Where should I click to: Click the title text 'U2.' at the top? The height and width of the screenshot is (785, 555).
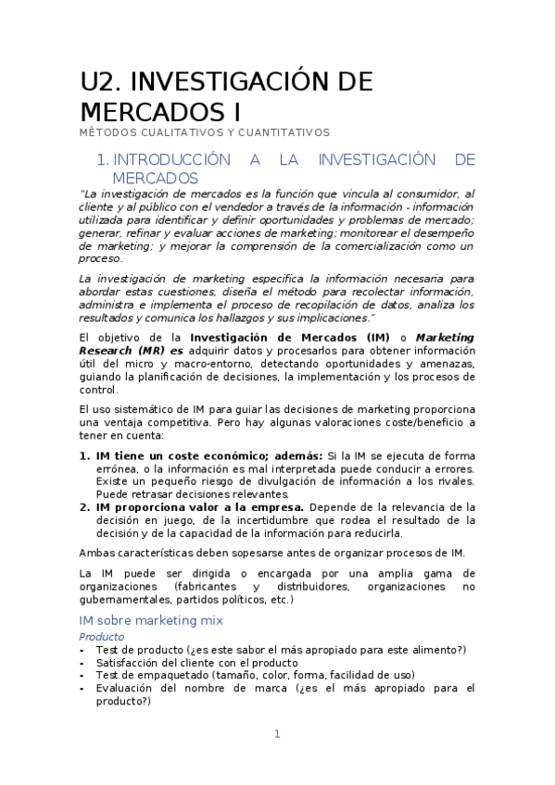pyautogui.click(x=105, y=81)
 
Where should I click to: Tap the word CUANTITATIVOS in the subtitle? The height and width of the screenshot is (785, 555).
pyautogui.click(x=284, y=133)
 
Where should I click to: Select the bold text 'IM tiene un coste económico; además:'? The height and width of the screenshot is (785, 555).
pyautogui.click(x=208, y=456)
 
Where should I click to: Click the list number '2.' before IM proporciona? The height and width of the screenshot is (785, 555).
pyautogui.click(x=84, y=507)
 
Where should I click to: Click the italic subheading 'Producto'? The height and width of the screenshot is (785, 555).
pyautogui.click(x=102, y=637)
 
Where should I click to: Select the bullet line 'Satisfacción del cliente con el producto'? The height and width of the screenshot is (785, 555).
pyautogui.click(x=196, y=663)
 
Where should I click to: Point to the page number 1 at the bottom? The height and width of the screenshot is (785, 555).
pyautogui.click(x=276, y=734)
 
